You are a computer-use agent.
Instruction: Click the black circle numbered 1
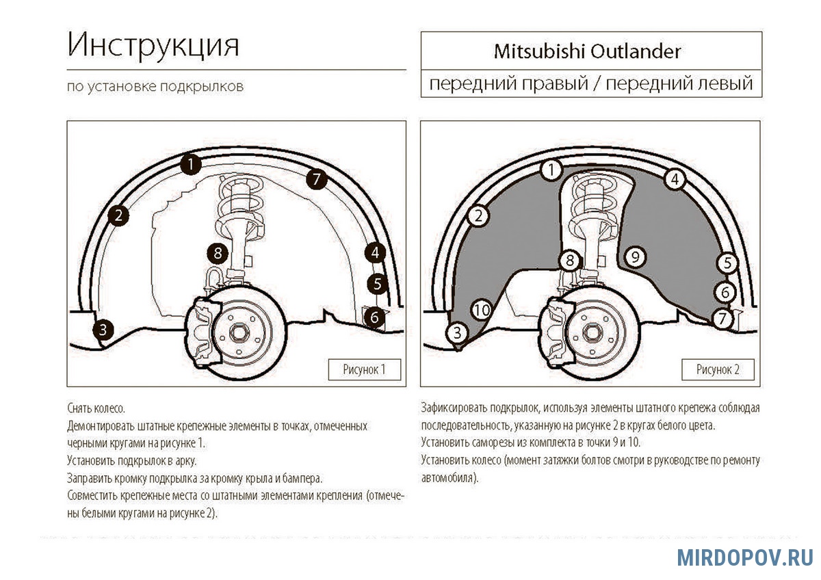[192, 163]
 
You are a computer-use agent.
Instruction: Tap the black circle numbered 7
[315, 179]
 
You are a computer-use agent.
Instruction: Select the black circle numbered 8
[217, 254]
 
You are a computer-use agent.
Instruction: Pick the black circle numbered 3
[103, 330]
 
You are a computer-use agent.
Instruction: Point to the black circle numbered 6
[374, 317]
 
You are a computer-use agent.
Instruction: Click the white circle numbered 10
[482, 310]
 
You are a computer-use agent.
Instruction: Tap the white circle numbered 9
[635, 256]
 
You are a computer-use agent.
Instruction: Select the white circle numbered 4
[675, 179]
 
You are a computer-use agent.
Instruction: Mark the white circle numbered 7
[722, 318]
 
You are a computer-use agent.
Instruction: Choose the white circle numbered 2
[479, 216]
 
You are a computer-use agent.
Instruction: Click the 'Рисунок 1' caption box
[364, 369]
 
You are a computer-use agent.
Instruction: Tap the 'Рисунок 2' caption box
[718, 369]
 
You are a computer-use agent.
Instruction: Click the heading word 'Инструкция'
[153, 46]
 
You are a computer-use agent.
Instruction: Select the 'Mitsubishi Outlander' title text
[588, 51]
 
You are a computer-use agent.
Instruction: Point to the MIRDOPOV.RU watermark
[745, 557]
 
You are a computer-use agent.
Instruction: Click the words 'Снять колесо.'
[96, 408]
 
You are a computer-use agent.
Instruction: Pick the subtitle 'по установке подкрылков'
[155, 87]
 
